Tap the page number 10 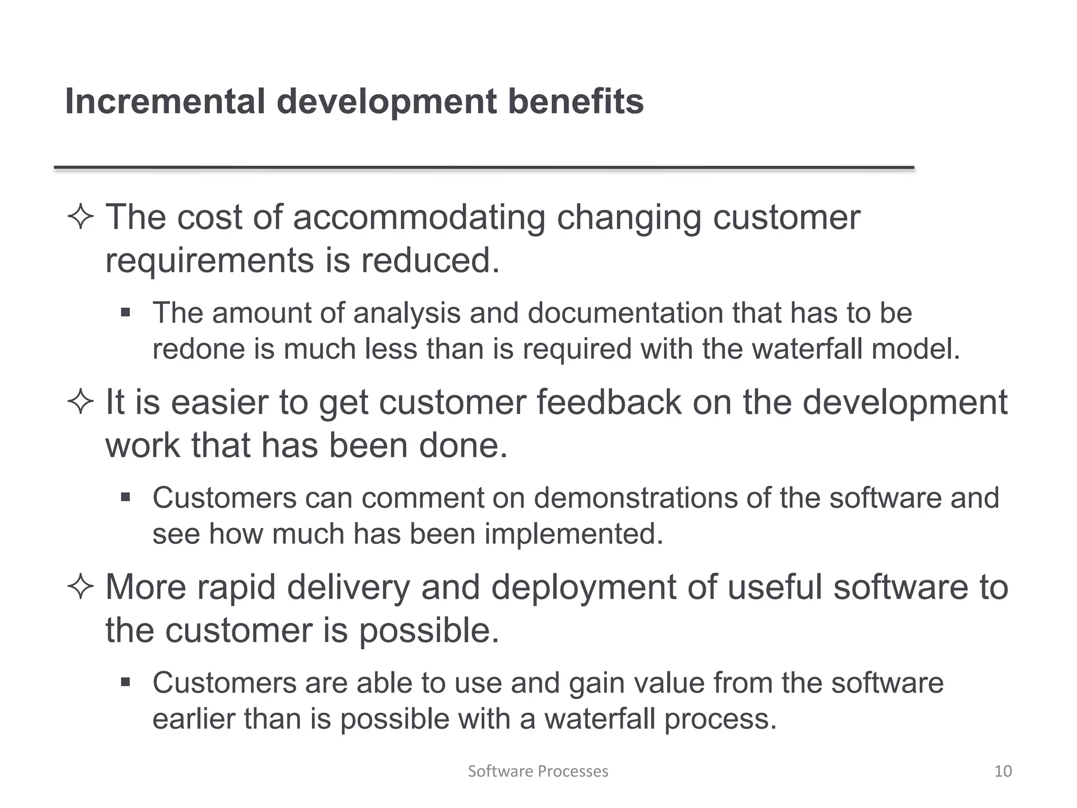[1003, 771]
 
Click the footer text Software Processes [538, 771]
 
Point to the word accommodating [419, 217]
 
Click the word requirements [210, 261]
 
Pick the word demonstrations [635, 498]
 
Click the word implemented [573, 534]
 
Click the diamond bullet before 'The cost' [80, 218]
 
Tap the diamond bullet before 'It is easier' [80, 403]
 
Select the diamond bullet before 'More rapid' [80, 588]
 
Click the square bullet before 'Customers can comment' [125, 497]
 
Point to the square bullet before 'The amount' [125, 312]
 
